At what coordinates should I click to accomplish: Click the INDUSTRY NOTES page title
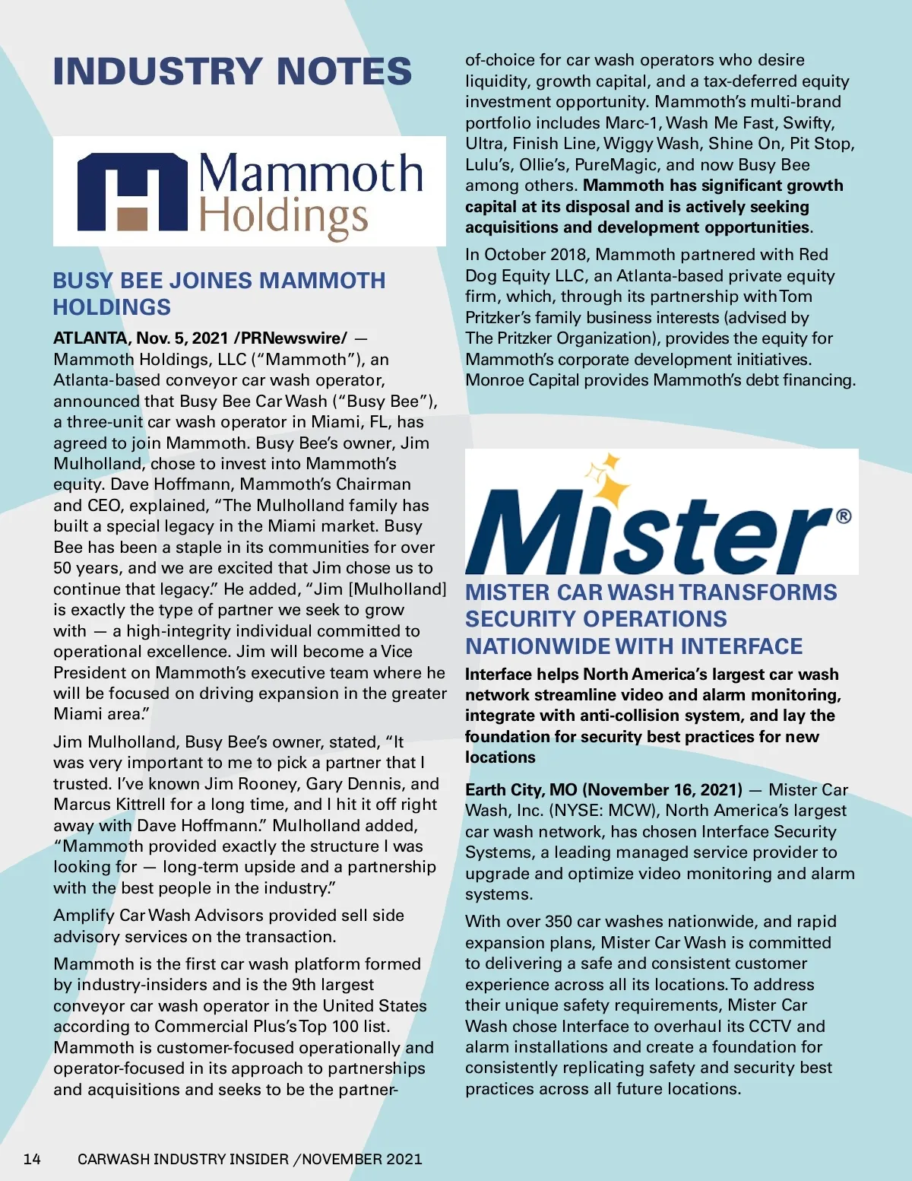(233, 71)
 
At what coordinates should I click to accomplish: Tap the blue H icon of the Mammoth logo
(132, 192)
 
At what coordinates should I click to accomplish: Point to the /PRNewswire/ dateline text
(290, 338)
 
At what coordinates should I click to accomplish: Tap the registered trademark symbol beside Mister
(844, 516)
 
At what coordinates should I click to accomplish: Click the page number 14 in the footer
(32, 1159)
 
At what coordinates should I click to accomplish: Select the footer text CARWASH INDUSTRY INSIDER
(183, 1159)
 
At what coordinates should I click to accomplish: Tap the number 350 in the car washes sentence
(558, 922)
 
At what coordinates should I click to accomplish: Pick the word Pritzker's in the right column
(504, 317)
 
